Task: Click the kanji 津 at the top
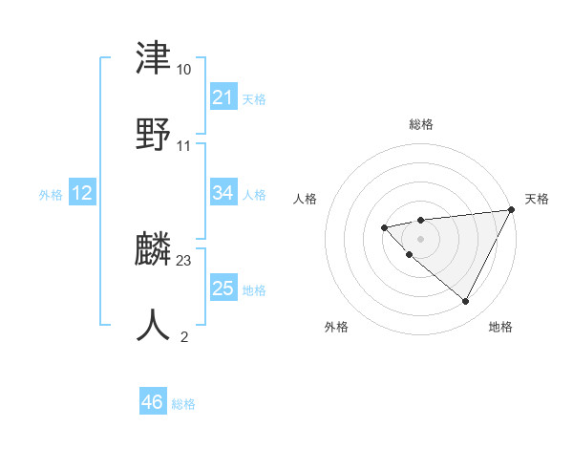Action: tap(154, 59)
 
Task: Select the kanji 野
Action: tap(154, 135)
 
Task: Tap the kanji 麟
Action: tap(154, 249)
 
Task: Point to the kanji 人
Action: tap(154, 325)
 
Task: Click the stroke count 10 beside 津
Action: tap(183, 70)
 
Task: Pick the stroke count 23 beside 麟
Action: tap(183, 260)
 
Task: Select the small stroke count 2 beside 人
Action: tap(183, 335)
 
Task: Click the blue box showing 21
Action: tap(223, 97)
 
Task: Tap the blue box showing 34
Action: tap(223, 194)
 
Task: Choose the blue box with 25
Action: tap(223, 289)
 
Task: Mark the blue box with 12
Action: tap(82, 194)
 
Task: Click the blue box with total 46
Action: tap(153, 403)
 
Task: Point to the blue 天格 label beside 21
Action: tap(254, 98)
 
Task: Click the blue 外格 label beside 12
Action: tap(51, 195)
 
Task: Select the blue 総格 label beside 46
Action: tap(183, 404)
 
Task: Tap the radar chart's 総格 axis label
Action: tap(421, 124)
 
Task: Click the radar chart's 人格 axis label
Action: tap(305, 199)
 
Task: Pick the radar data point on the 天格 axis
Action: tap(512, 210)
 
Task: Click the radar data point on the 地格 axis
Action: tap(466, 302)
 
